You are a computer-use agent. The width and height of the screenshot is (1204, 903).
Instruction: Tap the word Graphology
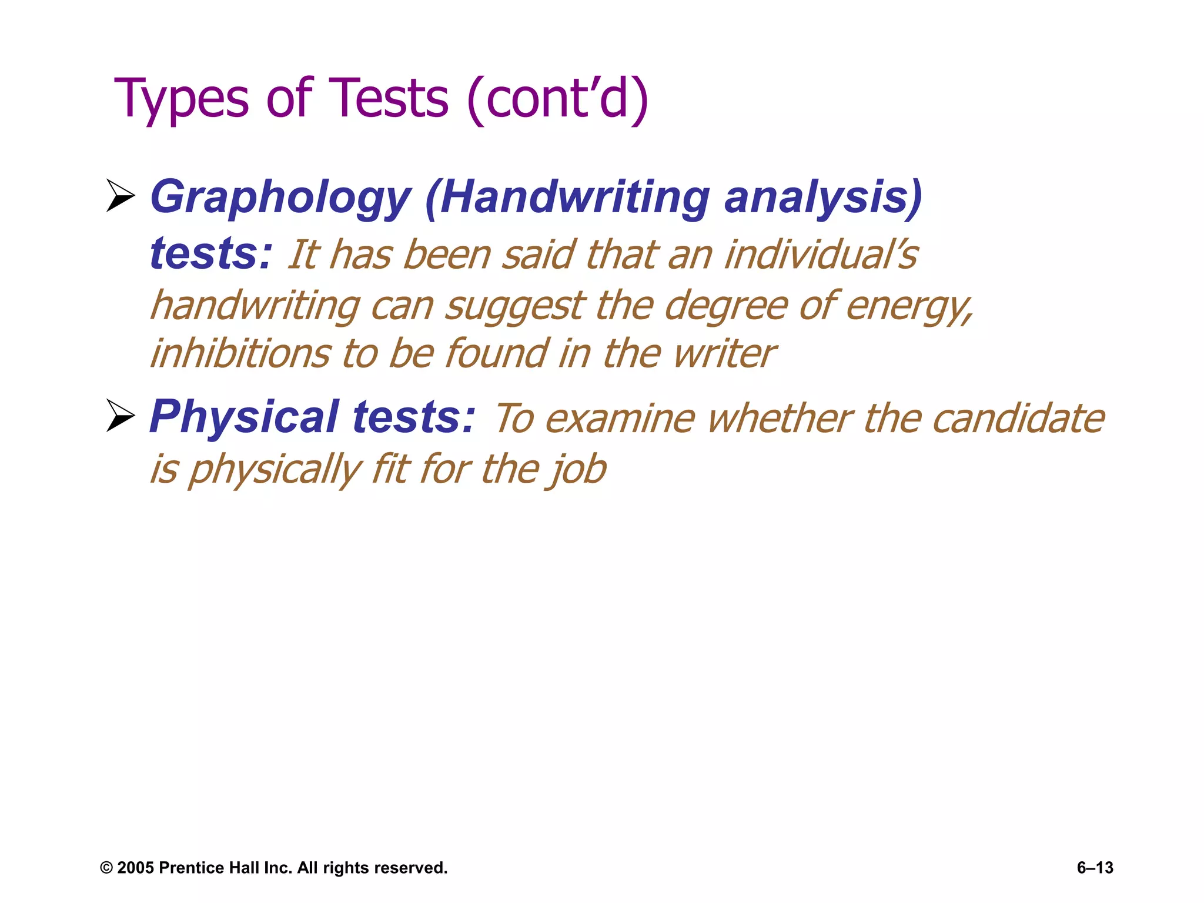tap(280, 198)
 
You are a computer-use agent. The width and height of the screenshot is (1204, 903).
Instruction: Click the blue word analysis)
tap(823, 198)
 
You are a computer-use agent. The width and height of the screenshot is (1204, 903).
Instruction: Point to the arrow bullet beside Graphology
tap(121, 196)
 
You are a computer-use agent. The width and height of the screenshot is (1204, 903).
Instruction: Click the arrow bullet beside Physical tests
tap(121, 415)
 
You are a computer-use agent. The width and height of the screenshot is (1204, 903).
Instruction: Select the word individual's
tap(821, 255)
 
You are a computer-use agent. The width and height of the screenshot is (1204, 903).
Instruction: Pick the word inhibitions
tap(240, 354)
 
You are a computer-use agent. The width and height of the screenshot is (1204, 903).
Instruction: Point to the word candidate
tap(1018, 419)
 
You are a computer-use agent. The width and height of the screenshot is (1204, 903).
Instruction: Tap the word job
tap(578, 469)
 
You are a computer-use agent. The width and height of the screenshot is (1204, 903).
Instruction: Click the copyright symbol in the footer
tap(106, 868)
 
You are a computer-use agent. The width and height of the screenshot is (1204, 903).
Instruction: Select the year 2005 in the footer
tap(135, 868)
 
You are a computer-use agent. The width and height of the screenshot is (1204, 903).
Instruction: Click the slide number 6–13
tap(1095, 868)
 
